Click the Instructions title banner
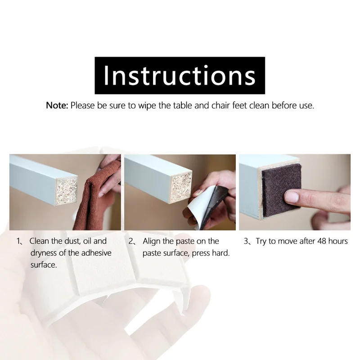pos(180,76)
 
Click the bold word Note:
pos(57,106)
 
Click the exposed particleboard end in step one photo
pos(67,191)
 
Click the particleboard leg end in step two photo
pos(181,187)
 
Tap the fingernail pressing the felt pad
pos(291,197)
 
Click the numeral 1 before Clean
pos(18,241)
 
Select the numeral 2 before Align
pos(130,241)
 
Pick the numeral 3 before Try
pos(246,241)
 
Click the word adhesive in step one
pos(96,253)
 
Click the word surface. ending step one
pos(44,265)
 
